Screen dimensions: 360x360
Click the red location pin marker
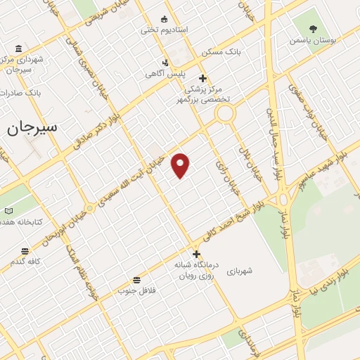181,165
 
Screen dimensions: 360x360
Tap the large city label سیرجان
32,129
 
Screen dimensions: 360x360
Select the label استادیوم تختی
165,30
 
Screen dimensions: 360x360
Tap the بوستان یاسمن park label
313,41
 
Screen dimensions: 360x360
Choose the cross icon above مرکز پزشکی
203,78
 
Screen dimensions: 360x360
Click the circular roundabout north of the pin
225,114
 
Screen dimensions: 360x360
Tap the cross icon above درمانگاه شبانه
196,254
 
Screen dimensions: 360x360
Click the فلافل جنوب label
136,290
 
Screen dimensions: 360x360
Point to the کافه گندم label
25,262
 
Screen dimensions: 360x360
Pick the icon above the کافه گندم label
25,251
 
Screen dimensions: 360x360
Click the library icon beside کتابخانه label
8,210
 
